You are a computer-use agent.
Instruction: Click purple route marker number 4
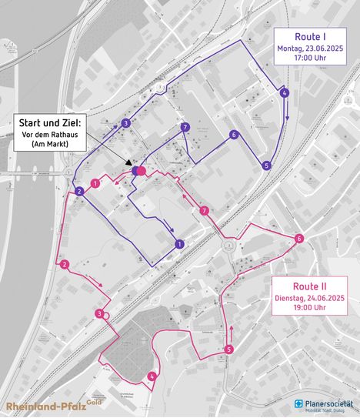click(x=285, y=93)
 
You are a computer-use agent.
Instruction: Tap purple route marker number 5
click(x=266, y=165)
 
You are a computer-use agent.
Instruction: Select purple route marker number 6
click(x=233, y=135)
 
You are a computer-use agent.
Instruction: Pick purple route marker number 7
click(x=184, y=127)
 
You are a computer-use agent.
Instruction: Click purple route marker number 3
click(x=125, y=123)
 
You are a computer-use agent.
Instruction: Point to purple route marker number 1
click(x=179, y=244)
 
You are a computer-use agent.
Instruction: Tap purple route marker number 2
click(x=79, y=191)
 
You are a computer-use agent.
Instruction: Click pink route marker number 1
click(x=95, y=184)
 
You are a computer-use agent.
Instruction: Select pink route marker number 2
click(x=64, y=266)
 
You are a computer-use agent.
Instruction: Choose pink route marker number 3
click(x=99, y=313)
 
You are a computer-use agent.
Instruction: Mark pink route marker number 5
click(x=229, y=350)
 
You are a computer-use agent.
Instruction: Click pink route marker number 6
click(x=298, y=238)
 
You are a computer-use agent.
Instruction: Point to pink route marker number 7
click(x=204, y=211)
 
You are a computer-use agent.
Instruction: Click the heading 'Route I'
click(x=312, y=36)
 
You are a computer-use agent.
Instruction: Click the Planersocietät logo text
click(x=328, y=403)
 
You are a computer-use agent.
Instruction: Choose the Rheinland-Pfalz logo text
click(x=46, y=406)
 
